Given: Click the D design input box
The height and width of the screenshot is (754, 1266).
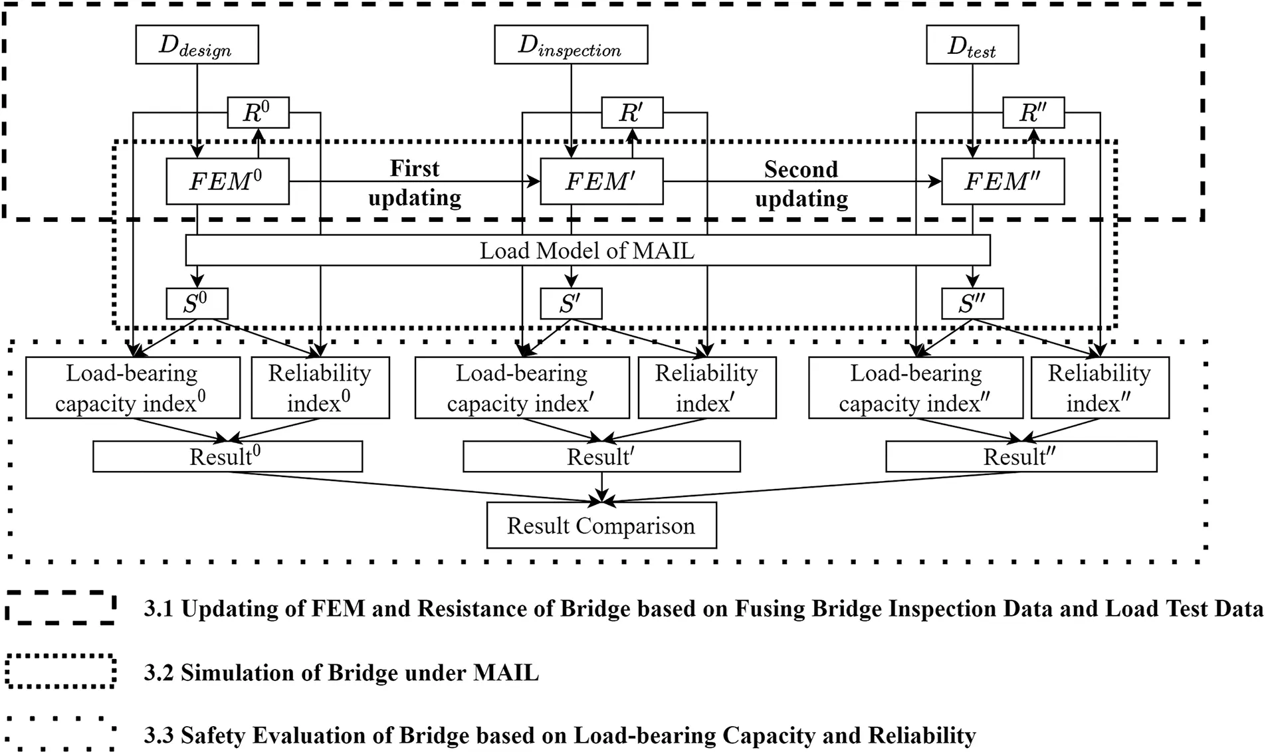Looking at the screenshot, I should [197, 45].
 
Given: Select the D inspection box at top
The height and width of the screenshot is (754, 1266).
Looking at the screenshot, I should [570, 45].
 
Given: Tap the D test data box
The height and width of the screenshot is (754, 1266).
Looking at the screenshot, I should [972, 45].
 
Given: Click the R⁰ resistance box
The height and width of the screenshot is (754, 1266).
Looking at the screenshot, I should [258, 112].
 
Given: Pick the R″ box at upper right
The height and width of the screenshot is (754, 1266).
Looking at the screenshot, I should [1033, 112].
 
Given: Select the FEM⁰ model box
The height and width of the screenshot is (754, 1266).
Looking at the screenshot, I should [227, 181].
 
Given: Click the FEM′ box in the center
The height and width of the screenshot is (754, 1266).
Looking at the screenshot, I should [601, 181].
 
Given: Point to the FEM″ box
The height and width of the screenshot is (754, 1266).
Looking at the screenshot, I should [1002, 181].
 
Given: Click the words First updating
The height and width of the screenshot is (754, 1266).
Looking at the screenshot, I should [415, 183].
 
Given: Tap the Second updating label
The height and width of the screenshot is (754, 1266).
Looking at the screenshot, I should [801, 184].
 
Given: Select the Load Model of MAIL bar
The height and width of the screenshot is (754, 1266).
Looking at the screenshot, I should [587, 250].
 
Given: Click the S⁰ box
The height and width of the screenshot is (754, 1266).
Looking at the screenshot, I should [197, 304].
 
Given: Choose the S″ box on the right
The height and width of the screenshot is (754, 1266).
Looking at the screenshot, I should [972, 304].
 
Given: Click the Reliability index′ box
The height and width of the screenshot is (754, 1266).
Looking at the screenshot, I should [706, 388].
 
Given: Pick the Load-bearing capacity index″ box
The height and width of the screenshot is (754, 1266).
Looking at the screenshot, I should [915, 388].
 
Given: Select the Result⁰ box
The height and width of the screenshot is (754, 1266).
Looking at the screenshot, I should [227, 456].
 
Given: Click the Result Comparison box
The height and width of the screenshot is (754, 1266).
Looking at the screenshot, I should [601, 525].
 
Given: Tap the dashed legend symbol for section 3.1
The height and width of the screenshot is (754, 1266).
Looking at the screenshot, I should [61, 607].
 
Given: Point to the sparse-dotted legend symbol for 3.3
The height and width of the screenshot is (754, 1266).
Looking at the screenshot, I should [61, 734].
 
